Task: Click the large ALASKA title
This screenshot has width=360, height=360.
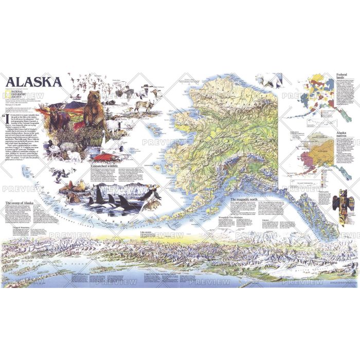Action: pos(34,81)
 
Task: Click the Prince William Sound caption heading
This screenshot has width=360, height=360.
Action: pos(81,275)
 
